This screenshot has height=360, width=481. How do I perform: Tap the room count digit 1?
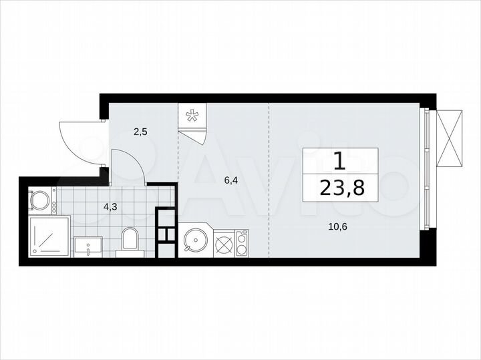pos(340,161)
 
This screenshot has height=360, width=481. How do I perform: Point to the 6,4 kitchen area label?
pos(231,180)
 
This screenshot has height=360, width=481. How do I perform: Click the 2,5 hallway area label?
pos(140,132)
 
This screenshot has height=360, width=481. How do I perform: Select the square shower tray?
pos(49,236)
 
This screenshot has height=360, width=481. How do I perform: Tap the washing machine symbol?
pos(41,200)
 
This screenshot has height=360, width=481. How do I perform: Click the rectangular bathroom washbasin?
pos(88,246)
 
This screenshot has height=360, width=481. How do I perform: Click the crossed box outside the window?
pos(448,139)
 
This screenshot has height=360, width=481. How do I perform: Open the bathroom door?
pos(128,167)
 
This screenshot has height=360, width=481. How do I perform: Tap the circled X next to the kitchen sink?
pos(224,244)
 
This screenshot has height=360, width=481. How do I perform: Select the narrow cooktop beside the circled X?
pos(242,244)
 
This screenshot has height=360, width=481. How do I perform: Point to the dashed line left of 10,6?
pos(270,180)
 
